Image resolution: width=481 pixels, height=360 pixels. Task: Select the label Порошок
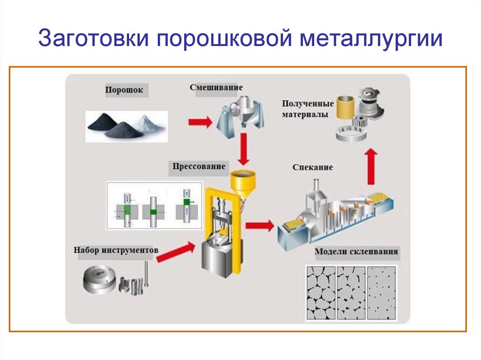pos(124,89)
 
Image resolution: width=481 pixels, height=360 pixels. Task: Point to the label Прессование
pos(199,166)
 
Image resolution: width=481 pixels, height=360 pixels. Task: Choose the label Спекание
pos(312,167)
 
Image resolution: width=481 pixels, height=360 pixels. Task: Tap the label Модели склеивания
pos(357,252)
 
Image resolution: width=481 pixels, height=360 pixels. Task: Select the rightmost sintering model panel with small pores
pos(382,293)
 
